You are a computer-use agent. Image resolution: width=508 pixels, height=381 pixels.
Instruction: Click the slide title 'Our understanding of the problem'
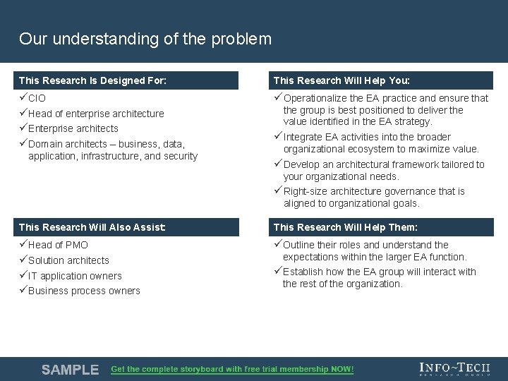(145, 39)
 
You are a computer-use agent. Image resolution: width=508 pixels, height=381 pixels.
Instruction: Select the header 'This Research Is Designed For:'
(92, 80)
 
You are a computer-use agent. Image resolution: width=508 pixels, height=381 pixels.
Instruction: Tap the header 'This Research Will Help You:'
(341, 80)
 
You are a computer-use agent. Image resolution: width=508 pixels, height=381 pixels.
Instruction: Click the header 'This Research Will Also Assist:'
(92, 227)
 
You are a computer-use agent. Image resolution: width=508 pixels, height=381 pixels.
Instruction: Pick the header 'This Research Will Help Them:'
(346, 227)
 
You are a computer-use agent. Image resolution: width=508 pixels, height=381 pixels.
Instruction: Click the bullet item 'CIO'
(37, 99)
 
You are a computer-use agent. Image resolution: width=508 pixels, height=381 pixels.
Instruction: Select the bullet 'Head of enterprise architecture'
(96, 114)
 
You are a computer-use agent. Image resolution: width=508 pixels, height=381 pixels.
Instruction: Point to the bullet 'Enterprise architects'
(73, 128)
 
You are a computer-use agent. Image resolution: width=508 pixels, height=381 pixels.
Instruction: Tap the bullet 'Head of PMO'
(58, 245)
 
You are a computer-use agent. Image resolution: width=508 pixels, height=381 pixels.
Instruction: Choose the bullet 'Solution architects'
(68, 260)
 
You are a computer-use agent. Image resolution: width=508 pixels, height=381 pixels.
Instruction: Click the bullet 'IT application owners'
(75, 276)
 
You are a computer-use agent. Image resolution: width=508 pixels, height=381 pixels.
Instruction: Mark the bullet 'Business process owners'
(84, 291)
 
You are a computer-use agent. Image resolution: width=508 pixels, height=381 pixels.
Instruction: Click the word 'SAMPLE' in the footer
(70, 370)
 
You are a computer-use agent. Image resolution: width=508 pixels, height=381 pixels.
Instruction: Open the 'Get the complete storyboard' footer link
(232, 369)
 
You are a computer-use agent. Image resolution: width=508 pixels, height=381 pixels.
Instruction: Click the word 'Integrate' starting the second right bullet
(303, 137)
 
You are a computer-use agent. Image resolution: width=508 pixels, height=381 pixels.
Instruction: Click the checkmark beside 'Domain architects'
(23, 144)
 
